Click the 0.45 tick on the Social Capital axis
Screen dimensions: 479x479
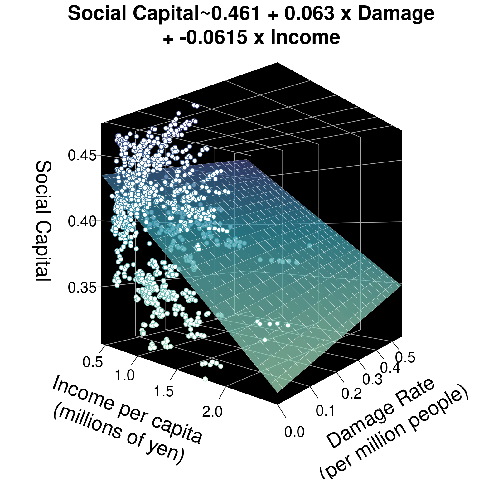pyautogui.click(x=82, y=156)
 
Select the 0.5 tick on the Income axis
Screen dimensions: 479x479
pyautogui.click(x=93, y=362)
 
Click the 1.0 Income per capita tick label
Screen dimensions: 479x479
pyautogui.click(x=124, y=375)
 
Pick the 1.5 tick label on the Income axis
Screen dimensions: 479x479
pyautogui.click(x=164, y=391)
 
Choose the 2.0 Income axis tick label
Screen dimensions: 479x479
pyautogui.click(x=212, y=412)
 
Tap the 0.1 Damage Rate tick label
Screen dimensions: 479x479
pyautogui.click(x=325, y=411)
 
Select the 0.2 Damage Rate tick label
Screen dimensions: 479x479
pyautogui.click(x=351, y=394)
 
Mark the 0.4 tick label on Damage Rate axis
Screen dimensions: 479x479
pyautogui.click(x=390, y=368)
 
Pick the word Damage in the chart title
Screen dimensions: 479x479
pyautogui.click(x=396, y=14)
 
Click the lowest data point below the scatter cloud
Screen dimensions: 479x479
pyautogui.click(x=205, y=379)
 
